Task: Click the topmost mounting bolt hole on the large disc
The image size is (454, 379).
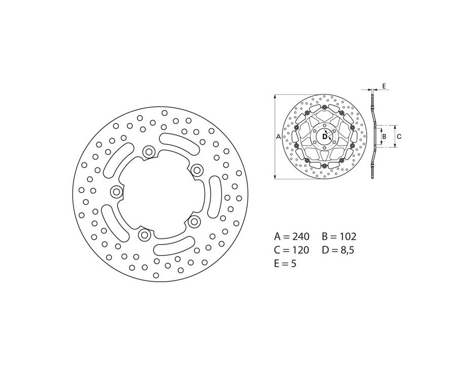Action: click(149, 151)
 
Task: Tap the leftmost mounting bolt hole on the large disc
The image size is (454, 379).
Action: click(117, 192)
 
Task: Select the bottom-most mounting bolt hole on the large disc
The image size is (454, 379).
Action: click(145, 234)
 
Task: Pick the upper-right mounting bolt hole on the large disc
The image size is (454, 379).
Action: click(196, 169)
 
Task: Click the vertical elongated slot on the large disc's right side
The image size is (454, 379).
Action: click(214, 196)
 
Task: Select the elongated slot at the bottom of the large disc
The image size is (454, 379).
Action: click(174, 246)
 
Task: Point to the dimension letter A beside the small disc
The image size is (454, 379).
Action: click(278, 137)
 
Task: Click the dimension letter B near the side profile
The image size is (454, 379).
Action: click(384, 136)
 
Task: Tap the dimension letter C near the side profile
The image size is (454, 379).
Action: click(399, 136)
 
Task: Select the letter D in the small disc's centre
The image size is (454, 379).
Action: click(324, 135)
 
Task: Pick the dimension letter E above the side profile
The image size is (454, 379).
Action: click(383, 87)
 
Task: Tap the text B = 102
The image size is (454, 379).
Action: click(338, 236)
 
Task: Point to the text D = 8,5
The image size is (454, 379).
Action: click(338, 250)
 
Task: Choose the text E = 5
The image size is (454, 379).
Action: click(285, 264)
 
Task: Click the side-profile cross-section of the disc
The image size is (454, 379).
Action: click(373, 136)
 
